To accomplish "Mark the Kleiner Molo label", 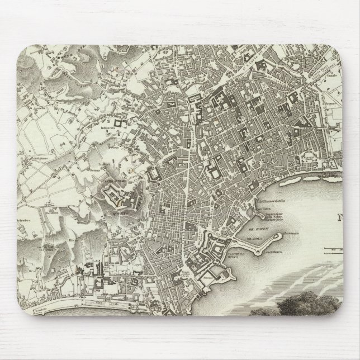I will pos(278,220).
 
